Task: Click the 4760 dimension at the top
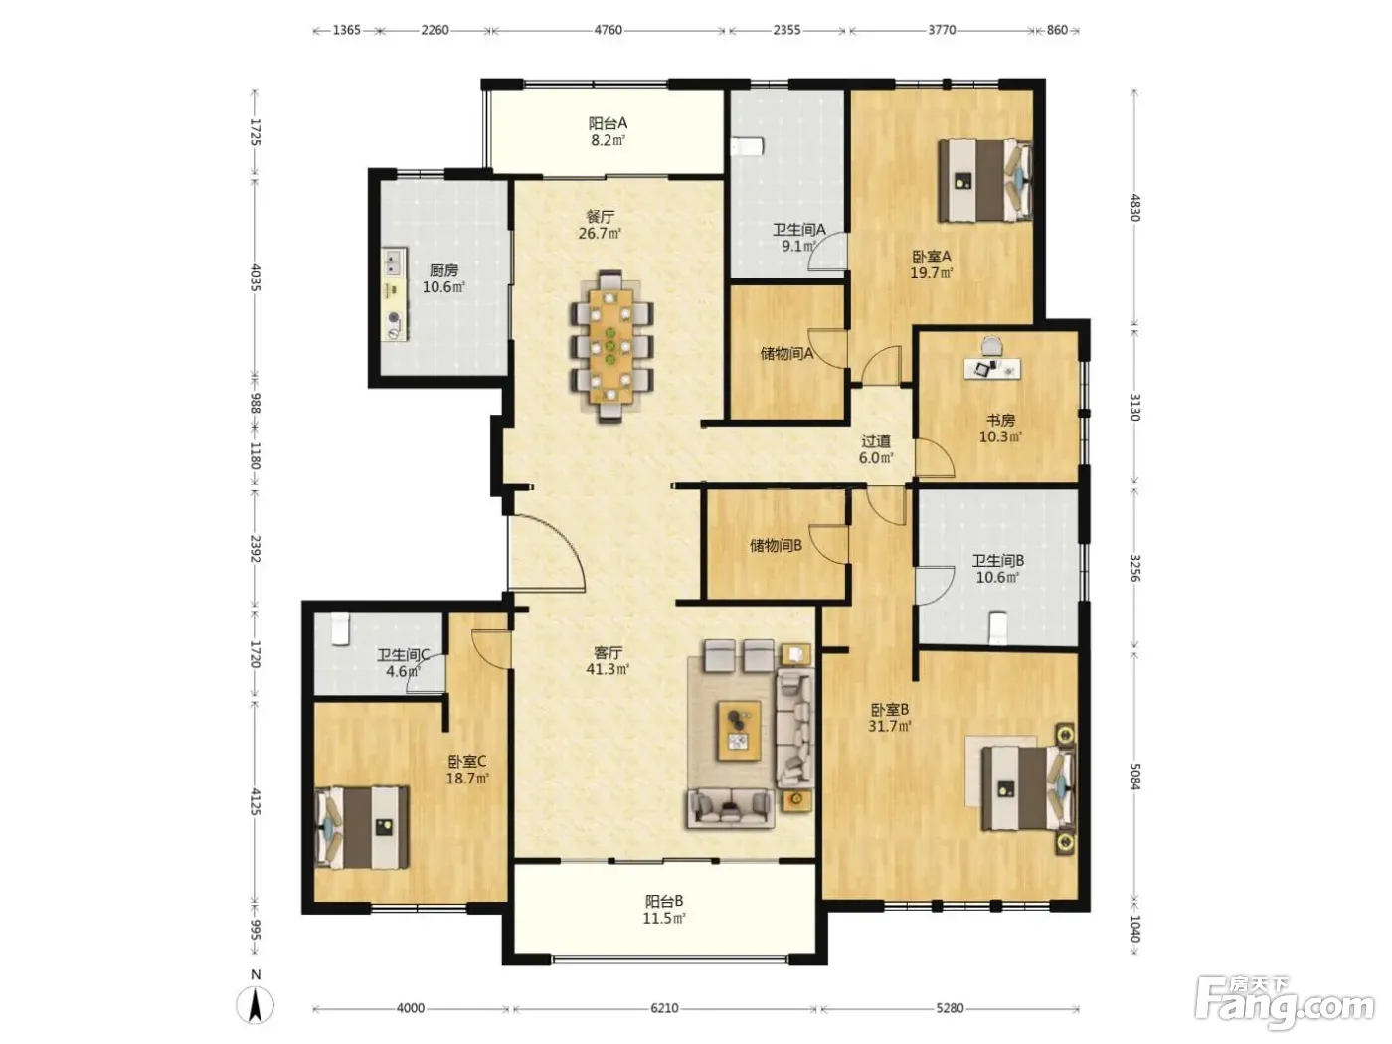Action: point(607,30)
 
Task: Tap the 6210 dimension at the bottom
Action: point(664,1007)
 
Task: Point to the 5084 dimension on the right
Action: point(1134,776)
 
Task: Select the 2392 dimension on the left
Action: point(255,548)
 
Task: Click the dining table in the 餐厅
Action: point(610,347)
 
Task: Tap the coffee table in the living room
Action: point(738,730)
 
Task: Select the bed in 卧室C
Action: point(362,827)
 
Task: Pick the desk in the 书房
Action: point(992,368)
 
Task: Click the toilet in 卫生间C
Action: point(341,628)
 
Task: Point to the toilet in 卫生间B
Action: point(997,628)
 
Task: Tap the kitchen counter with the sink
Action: point(394,294)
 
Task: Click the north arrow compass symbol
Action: point(255,1004)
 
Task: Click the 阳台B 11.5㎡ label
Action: point(664,909)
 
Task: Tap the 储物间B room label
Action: point(776,545)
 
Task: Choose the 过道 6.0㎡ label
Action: point(876,448)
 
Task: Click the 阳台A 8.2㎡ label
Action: point(608,131)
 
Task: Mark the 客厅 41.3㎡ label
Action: point(608,660)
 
